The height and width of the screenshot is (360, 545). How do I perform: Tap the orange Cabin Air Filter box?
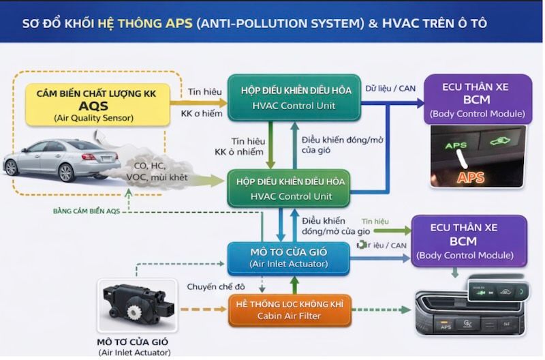pos(289,310)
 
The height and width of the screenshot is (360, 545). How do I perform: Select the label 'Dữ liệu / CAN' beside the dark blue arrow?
pos(390,88)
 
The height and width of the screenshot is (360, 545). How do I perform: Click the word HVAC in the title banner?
pos(401,23)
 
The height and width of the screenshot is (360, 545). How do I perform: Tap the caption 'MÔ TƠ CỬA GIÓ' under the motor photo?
pos(133,342)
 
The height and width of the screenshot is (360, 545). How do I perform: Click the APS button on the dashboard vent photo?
pos(446,327)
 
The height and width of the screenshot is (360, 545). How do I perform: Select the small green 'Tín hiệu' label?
pos(375,221)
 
